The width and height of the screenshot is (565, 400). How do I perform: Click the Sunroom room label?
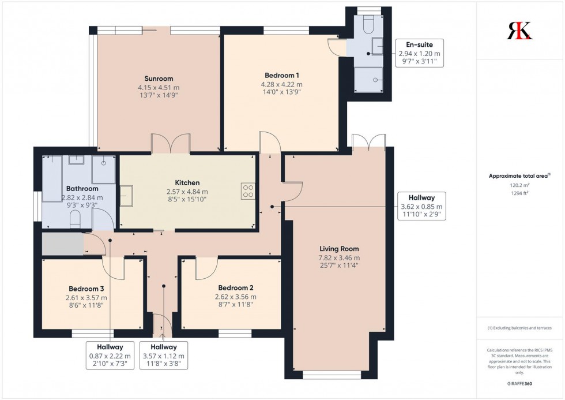[x=159, y=78]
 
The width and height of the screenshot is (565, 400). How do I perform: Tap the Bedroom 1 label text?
[x=282, y=75]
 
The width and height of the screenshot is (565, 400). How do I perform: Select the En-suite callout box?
[x=419, y=53]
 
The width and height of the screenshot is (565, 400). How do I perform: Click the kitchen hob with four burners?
[x=248, y=190]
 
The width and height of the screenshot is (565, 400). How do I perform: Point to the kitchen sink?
[x=127, y=193]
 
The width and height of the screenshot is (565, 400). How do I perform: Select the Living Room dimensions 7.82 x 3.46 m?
[x=339, y=258]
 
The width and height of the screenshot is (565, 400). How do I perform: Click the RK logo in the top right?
[x=519, y=31]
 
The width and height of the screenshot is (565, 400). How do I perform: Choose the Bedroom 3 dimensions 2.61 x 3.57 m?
[x=86, y=298]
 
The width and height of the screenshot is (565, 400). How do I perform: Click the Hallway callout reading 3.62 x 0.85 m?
[x=421, y=206]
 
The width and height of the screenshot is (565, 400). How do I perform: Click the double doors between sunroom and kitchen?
[x=171, y=144]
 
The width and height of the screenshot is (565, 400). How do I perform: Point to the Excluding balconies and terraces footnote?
[x=519, y=328]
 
